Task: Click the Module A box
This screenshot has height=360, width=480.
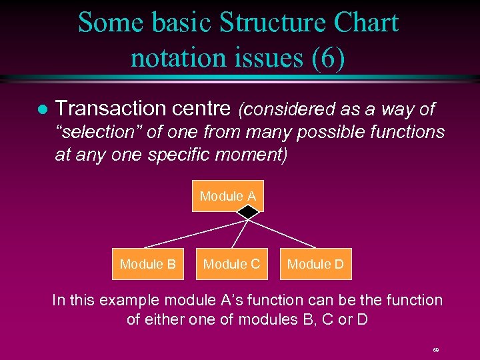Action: coord(227,196)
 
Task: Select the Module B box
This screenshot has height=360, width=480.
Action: coord(147,264)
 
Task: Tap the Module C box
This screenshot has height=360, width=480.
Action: coord(231,264)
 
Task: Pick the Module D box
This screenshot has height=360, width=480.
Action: coord(315,264)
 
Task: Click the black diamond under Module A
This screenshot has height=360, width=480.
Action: coord(248,212)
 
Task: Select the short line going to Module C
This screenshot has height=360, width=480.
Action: coord(240,233)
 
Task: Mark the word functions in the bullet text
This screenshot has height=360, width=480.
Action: coord(404,132)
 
